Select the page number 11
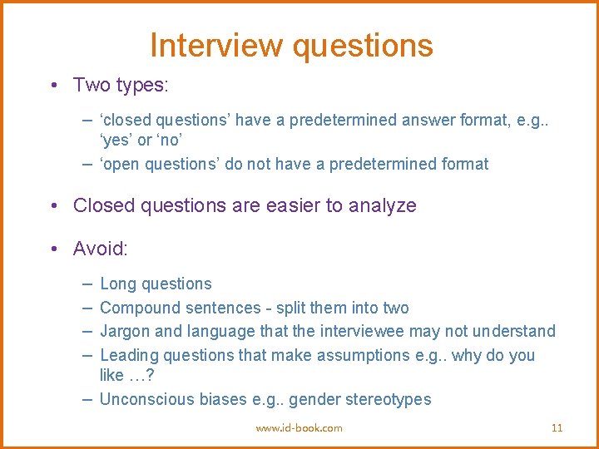(557, 428)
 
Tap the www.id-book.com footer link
(299, 428)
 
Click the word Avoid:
(101, 249)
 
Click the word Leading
(129, 356)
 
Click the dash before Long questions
(87, 284)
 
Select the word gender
(315, 400)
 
